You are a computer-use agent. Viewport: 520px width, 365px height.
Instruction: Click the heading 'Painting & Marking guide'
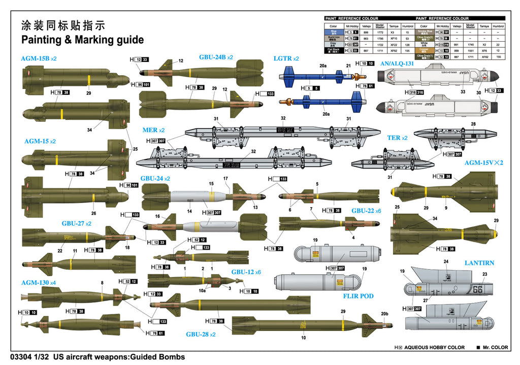click(x=82, y=40)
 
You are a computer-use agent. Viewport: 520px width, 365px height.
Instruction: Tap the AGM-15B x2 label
click(x=39, y=58)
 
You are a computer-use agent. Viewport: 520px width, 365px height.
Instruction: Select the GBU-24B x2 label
click(x=216, y=57)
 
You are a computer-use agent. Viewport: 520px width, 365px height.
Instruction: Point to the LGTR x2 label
click(x=286, y=58)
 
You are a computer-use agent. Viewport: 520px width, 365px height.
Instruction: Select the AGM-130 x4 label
click(x=39, y=282)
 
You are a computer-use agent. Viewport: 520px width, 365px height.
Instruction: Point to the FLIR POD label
click(x=358, y=296)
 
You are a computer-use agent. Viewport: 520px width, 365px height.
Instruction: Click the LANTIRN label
click(x=479, y=263)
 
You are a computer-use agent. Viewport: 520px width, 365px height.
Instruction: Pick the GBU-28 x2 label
click(x=201, y=335)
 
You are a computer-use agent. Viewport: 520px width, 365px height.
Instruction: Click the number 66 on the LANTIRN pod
click(x=478, y=290)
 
